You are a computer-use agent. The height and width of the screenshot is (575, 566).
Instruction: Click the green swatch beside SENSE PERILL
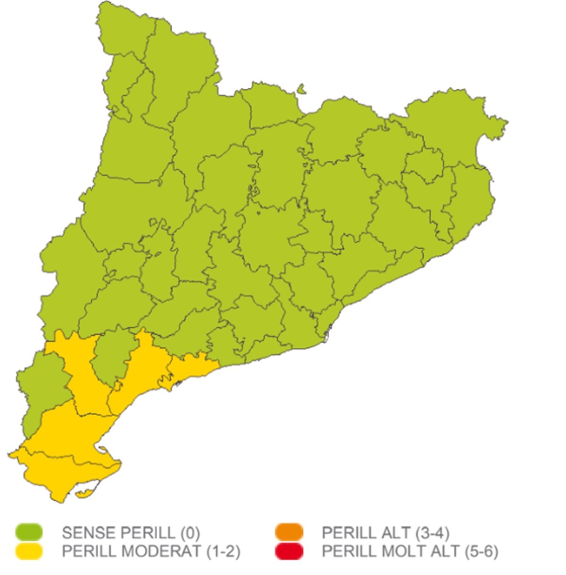(29, 532)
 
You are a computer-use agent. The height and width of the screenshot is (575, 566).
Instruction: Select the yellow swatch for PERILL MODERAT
(29, 551)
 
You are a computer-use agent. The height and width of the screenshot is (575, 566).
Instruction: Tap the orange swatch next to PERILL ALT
(289, 532)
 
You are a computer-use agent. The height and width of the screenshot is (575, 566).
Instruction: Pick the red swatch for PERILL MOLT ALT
(289, 551)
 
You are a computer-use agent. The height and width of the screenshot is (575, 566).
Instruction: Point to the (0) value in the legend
(190, 533)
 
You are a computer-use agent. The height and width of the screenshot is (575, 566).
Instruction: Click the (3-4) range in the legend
(432, 533)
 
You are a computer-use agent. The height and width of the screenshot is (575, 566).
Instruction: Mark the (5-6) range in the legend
(481, 551)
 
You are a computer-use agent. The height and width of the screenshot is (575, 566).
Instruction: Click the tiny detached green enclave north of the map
(301, 89)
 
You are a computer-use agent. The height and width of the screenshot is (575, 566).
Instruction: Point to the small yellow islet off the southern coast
(85, 494)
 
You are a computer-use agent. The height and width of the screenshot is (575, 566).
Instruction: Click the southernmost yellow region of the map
(66, 477)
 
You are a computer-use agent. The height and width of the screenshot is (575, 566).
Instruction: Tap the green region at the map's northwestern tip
(125, 28)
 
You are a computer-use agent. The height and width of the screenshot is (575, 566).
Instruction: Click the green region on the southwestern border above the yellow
(42, 387)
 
